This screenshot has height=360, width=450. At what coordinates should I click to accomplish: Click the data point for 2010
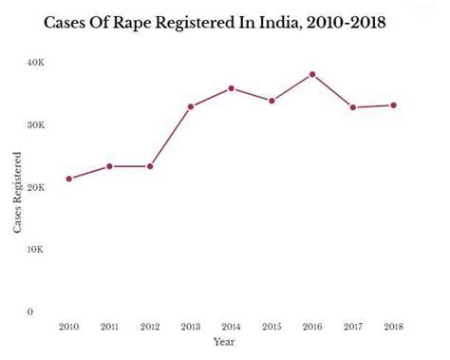68,179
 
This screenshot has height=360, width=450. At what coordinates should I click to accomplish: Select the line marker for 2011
109,166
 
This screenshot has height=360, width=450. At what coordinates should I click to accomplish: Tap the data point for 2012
150,166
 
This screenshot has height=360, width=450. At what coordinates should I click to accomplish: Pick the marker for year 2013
191,106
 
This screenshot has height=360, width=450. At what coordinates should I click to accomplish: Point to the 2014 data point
231,88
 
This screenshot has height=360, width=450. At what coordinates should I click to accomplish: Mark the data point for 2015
272,101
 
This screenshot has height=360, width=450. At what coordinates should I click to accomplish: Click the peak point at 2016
312,74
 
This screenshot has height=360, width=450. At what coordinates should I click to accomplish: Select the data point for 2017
353,107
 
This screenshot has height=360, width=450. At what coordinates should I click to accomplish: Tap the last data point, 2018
394,105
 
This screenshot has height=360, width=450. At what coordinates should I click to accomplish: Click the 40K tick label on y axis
35,63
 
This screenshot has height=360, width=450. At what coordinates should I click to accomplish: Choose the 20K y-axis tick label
35,188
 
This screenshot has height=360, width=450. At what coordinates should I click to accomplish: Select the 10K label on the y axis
35,250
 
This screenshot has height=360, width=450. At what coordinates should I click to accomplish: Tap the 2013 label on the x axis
191,327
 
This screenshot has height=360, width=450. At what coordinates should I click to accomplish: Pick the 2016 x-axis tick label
312,327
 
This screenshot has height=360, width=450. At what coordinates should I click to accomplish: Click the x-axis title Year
225,341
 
